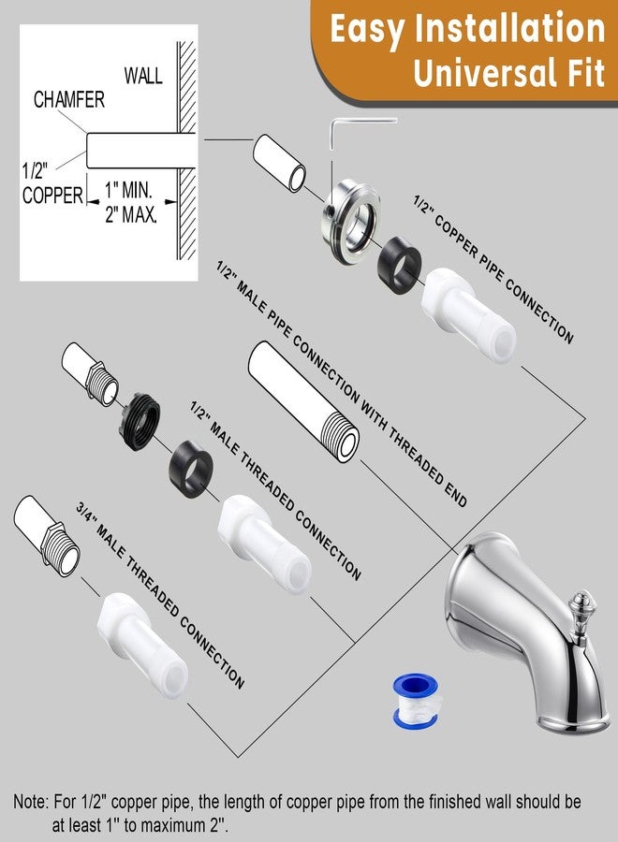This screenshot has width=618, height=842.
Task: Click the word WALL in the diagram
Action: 143,75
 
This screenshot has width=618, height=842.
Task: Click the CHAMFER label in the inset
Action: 68,99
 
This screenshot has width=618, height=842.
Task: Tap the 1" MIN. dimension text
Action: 128,190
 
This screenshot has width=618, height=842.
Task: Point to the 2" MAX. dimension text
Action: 131,215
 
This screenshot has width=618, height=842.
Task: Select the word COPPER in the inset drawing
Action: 52,196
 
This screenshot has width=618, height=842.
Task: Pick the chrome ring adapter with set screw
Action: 351,223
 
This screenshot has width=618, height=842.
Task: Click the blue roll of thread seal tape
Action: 416,702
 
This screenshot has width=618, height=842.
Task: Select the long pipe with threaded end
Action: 303,402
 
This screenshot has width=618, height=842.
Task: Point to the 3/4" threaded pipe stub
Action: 47,536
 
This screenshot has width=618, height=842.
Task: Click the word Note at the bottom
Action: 31,803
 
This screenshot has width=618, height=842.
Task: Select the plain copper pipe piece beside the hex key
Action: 279,163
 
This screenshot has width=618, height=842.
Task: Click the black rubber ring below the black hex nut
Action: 191,469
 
